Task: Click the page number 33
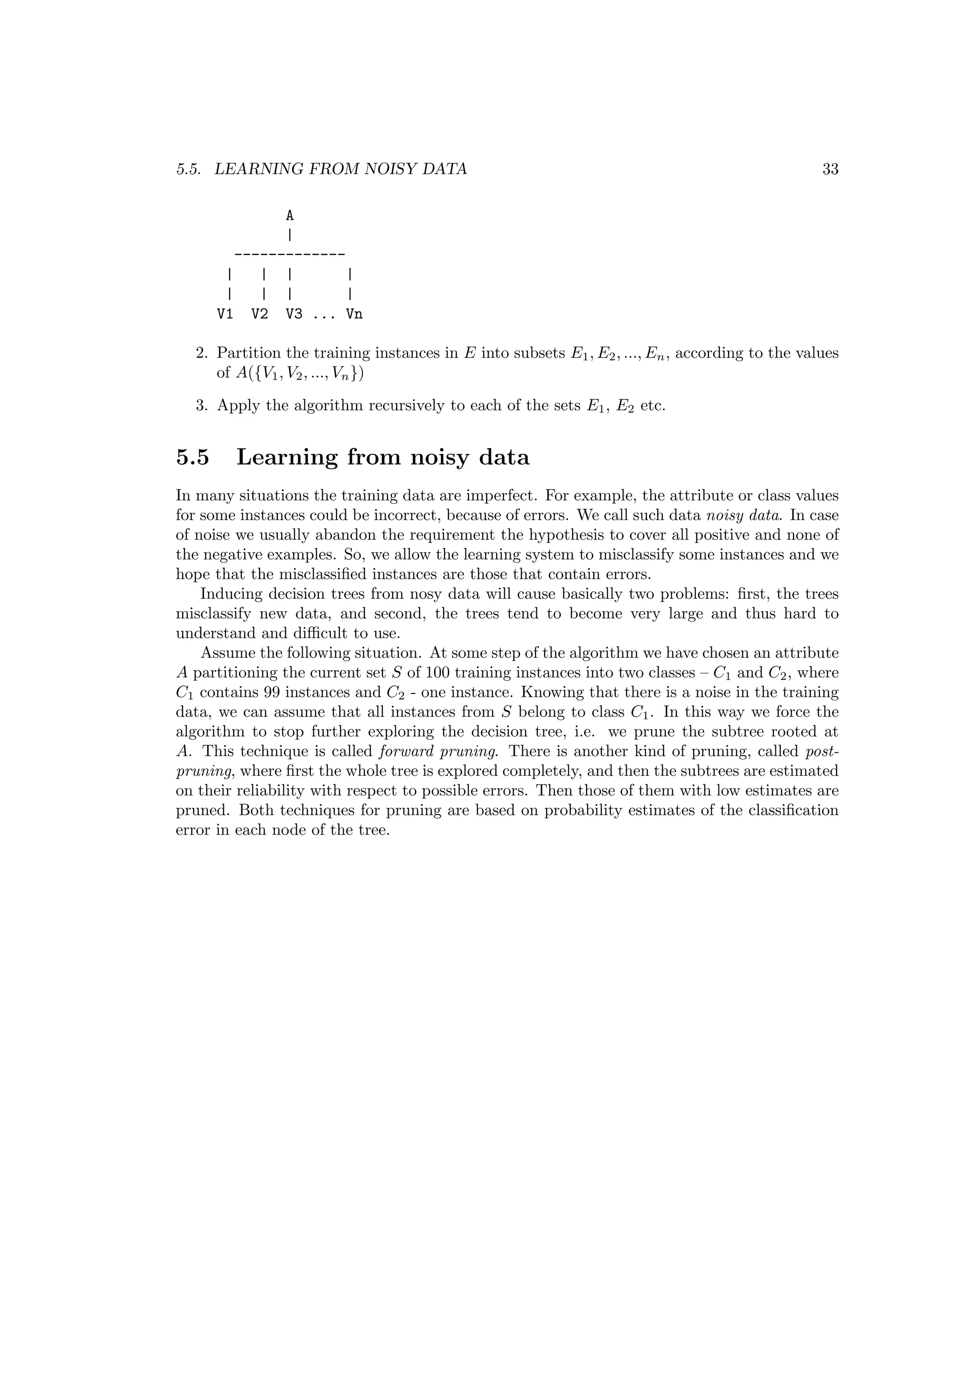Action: click(x=830, y=169)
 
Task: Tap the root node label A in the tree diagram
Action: click(x=289, y=215)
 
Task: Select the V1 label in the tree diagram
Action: click(x=225, y=314)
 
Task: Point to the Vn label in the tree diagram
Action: click(x=354, y=314)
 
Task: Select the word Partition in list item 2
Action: click(x=247, y=353)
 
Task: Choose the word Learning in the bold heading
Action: click(x=286, y=457)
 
